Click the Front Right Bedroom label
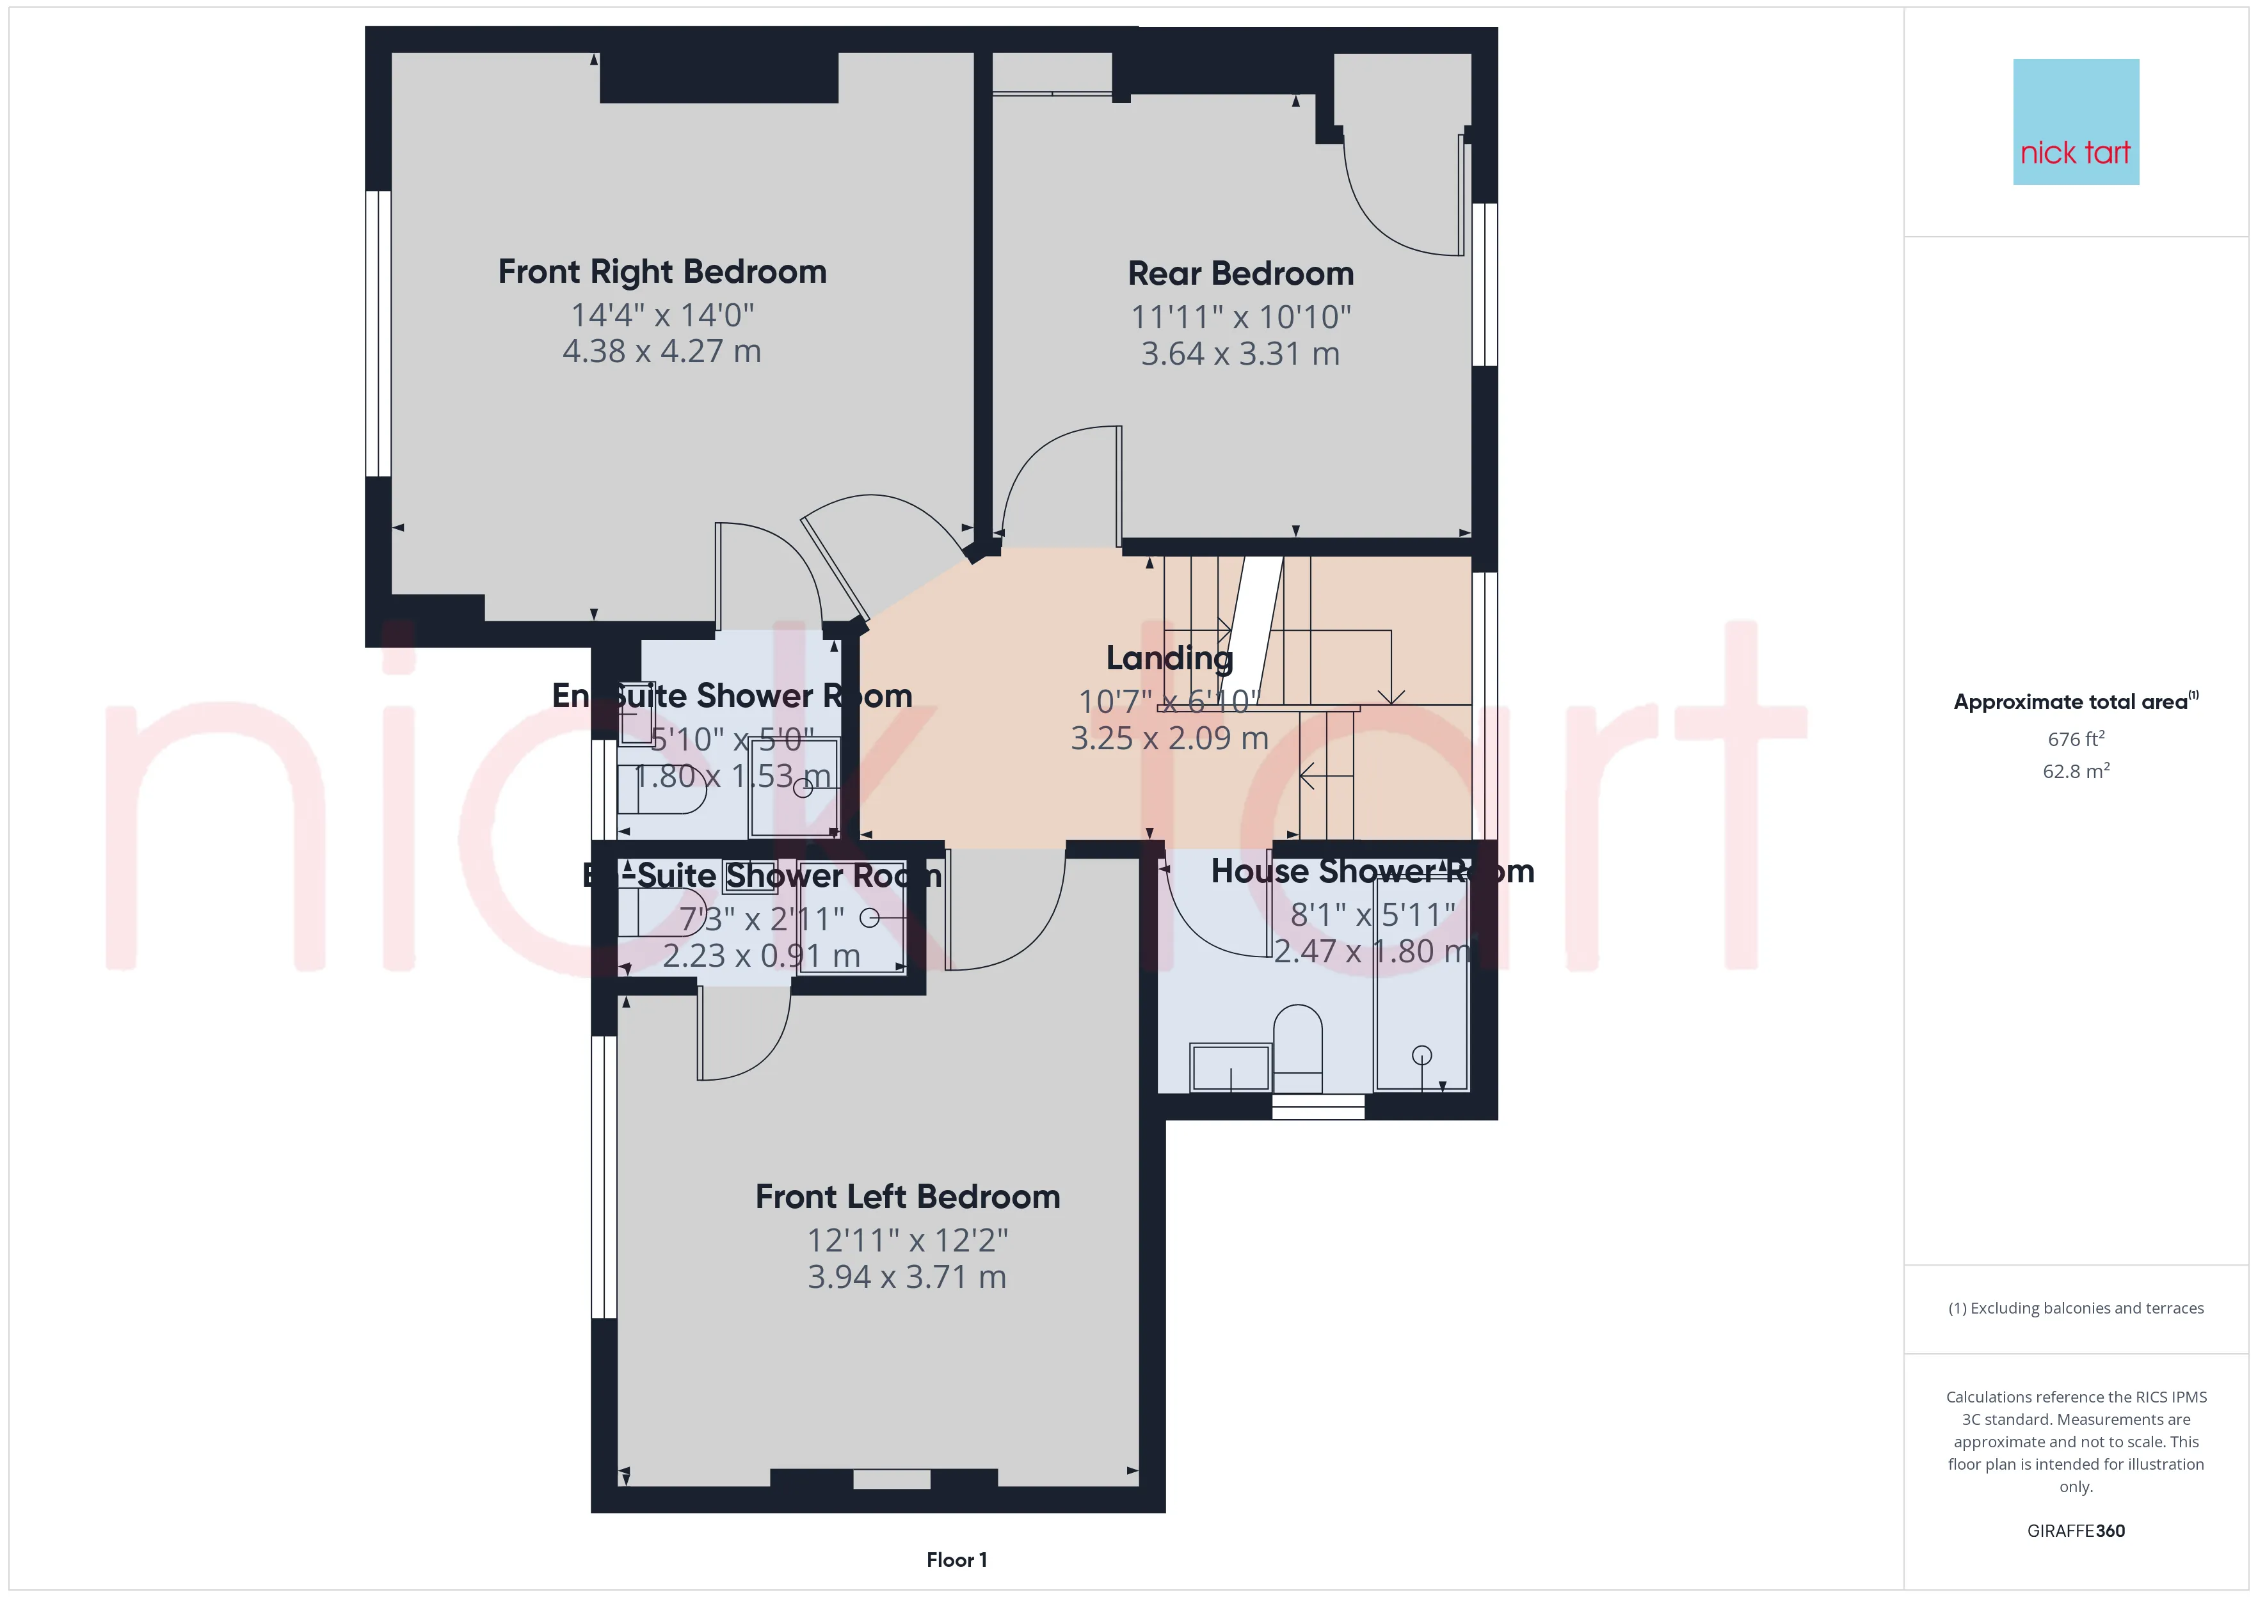662,271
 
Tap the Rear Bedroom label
1240,273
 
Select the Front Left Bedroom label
908,1196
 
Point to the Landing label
1169,658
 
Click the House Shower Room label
1372,871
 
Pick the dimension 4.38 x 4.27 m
662,351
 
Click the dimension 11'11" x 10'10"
1240,317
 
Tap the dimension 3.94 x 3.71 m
907,1276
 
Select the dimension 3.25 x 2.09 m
1169,738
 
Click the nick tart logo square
2076,122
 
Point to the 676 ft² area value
2076,738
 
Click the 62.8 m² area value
2076,771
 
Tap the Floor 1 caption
957,1560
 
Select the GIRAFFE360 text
2076,1530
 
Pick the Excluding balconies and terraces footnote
2076,1308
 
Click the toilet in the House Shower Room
1297,1048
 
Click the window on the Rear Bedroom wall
1484,284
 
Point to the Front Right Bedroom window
378,333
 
